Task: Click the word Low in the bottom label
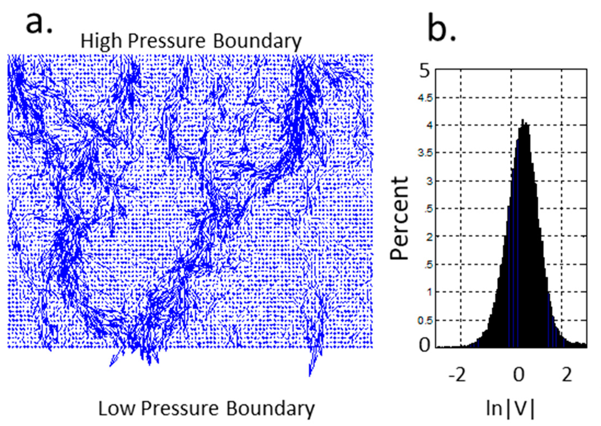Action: (117, 409)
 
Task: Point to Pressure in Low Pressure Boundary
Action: (180, 409)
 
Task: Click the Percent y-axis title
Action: (399, 218)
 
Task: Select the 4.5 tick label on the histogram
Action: (425, 98)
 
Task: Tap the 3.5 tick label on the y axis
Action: (425, 153)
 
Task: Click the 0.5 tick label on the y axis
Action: (425, 320)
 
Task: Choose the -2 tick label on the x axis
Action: (457, 375)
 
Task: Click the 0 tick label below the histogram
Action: (518, 375)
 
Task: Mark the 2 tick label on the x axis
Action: (567, 375)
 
